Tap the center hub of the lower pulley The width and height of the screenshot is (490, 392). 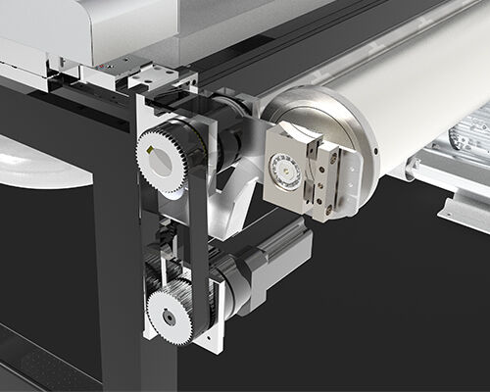169,317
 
